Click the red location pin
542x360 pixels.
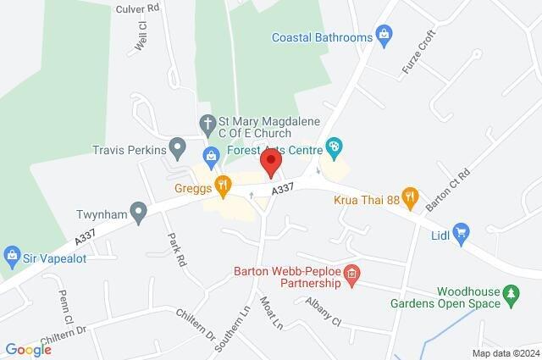pos(270,163)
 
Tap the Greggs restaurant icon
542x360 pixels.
pos(224,183)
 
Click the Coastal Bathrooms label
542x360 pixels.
pos(322,37)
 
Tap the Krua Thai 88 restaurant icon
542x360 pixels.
pos(410,197)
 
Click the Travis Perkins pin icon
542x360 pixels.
pos(178,150)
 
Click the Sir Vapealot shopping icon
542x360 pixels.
pos(12,253)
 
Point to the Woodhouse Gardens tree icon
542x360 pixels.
pos(511,295)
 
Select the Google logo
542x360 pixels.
pos(28,350)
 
